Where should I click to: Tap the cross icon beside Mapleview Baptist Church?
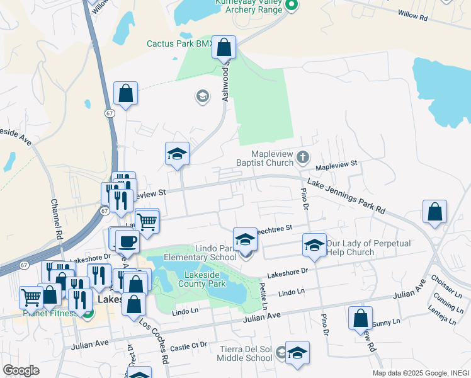coord(303,156)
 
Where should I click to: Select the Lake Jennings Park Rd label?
coord(346,197)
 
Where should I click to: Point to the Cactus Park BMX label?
coord(179,43)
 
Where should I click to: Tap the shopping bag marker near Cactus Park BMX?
coord(224,47)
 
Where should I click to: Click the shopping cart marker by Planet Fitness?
coord(31,297)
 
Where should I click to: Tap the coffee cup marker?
coord(127,241)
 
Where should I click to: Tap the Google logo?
coord(20,370)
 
